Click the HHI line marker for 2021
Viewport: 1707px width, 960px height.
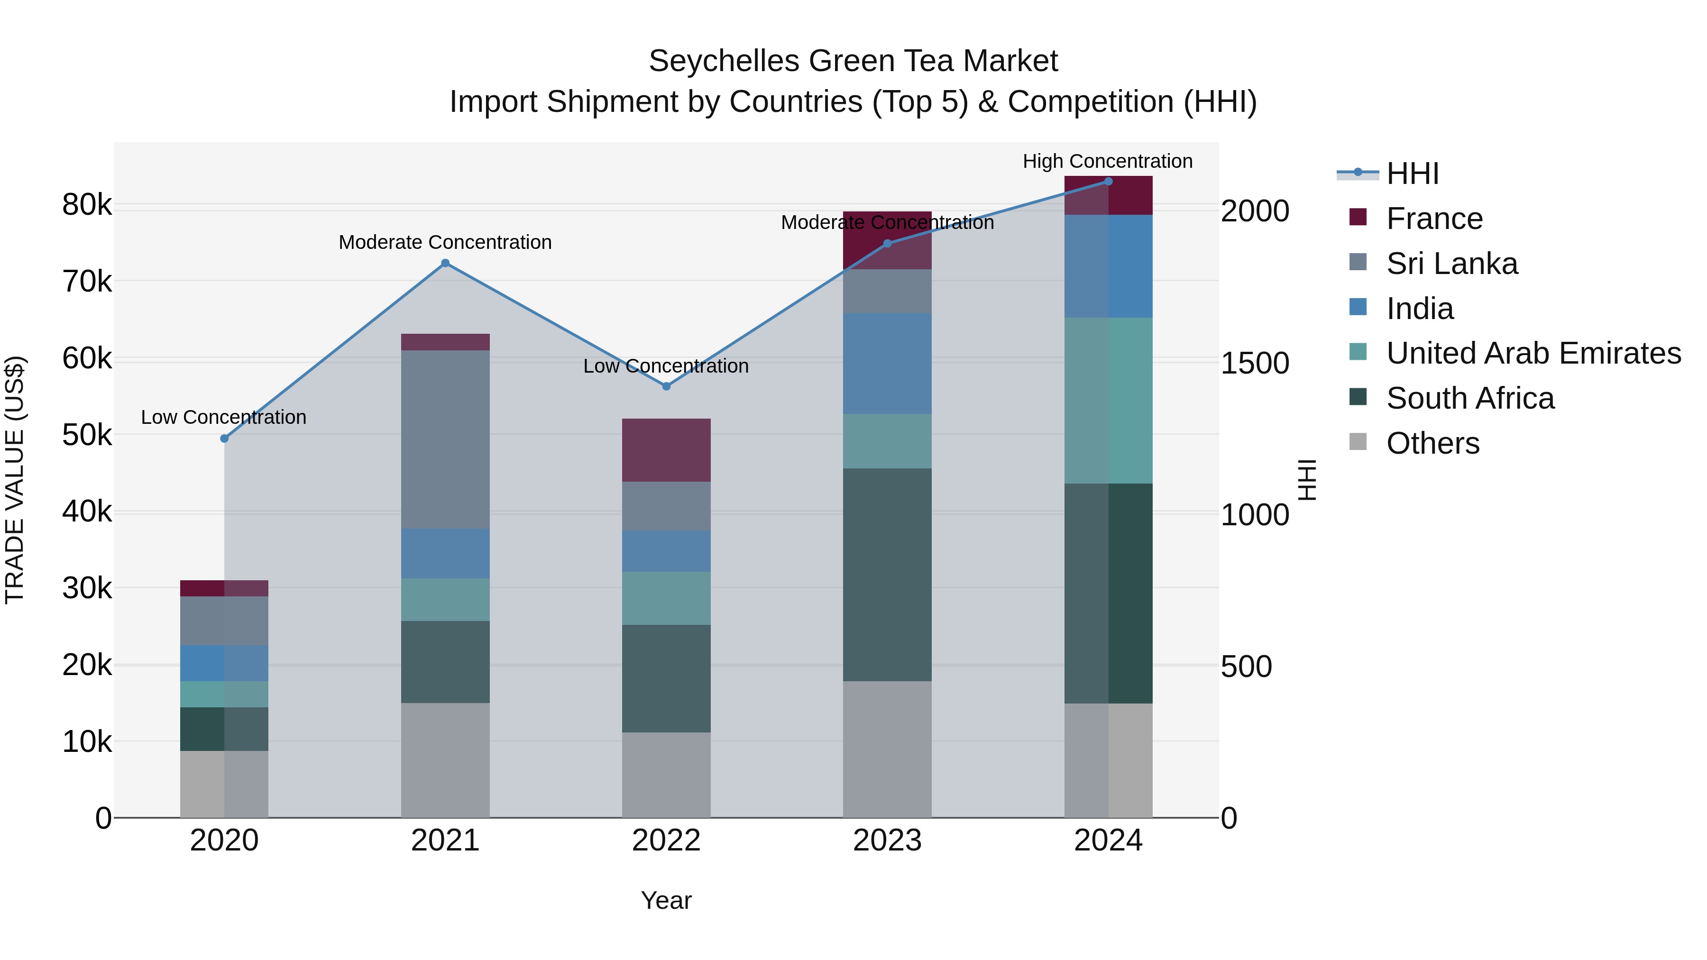point(445,263)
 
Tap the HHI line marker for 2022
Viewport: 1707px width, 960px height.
point(667,386)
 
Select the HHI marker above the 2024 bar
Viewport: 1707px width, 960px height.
point(1108,182)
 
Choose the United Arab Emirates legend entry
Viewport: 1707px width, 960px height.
point(1533,353)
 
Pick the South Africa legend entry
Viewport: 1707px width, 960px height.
point(1470,398)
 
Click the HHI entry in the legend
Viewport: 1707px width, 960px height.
point(1412,174)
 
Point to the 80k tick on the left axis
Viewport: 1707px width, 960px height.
point(87,205)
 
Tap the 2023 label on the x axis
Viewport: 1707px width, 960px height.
point(887,841)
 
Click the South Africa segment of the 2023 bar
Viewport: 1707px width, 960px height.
point(887,575)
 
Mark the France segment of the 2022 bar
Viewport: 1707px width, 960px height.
point(667,450)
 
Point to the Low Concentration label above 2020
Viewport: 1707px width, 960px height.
point(223,417)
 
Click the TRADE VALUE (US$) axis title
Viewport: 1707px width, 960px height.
point(15,480)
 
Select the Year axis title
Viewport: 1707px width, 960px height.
point(666,900)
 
